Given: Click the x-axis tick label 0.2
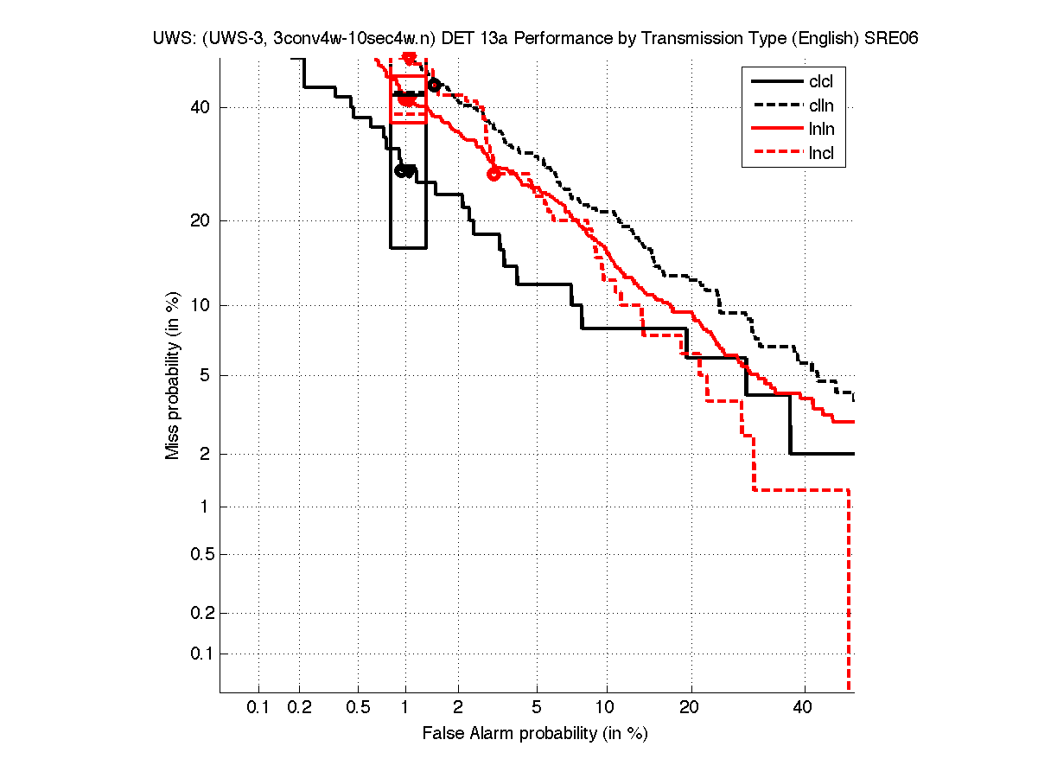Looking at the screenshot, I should pos(299,708).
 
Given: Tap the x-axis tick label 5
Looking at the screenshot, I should pos(537,708).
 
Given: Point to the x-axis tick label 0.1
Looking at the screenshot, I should pos(258,708).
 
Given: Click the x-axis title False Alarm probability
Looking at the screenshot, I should pos(534,734).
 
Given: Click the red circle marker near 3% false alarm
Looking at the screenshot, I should pos(494,174).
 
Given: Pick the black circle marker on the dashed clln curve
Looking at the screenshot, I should pos(435,85).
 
